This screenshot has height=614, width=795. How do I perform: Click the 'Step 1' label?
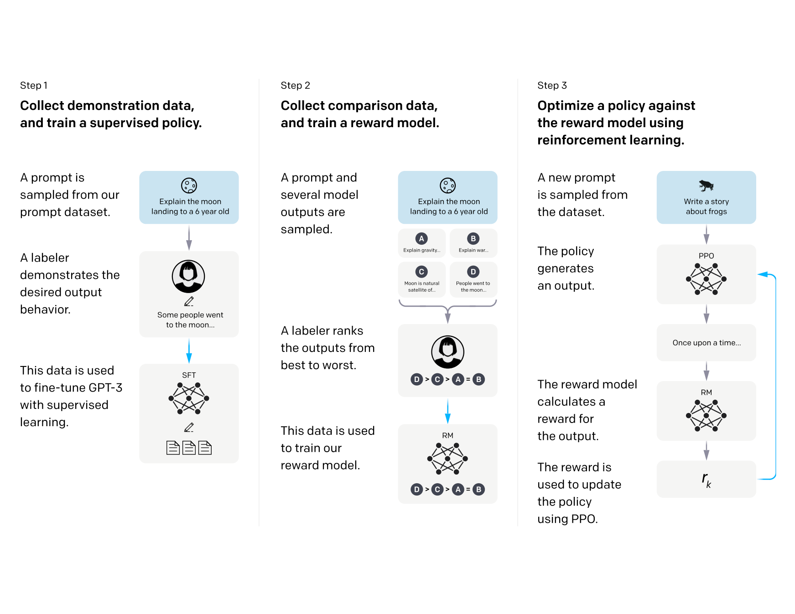[x=34, y=86]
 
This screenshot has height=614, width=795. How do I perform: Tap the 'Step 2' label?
[x=295, y=86]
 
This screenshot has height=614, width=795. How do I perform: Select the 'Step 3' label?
[x=552, y=86]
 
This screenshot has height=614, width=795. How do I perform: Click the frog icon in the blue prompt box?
[x=706, y=185]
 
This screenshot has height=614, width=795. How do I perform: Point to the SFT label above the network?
[x=189, y=375]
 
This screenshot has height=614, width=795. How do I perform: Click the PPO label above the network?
[x=706, y=256]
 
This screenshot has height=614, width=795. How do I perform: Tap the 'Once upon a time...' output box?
[x=706, y=343]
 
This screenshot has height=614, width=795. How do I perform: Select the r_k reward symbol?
[x=706, y=480]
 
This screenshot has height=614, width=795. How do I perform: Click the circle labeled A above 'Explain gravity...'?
[x=421, y=238]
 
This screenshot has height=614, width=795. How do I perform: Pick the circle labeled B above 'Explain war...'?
[x=473, y=238]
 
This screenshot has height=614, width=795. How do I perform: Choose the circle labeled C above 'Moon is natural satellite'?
[x=421, y=272]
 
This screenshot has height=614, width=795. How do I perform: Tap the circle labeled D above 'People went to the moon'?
[x=473, y=272]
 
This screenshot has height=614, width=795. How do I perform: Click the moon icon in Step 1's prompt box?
[x=189, y=186]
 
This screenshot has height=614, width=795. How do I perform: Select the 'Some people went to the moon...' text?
[x=190, y=320]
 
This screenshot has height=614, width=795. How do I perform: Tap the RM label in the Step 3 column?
[x=706, y=392]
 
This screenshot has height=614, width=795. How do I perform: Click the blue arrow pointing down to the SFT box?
[x=189, y=351]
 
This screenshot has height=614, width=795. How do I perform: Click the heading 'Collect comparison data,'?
[x=359, y=106]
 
